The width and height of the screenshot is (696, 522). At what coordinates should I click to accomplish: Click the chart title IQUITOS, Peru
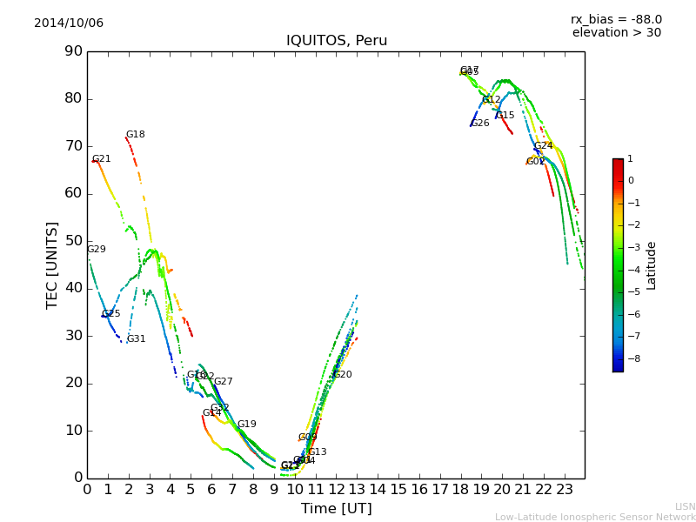pyautogui.click(x=337, y=41)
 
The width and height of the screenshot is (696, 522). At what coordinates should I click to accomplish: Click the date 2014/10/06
pyautogui.click(x=69, y=23)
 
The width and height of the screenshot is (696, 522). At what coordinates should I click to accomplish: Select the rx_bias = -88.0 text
pyautogui.click(x=616, y=19)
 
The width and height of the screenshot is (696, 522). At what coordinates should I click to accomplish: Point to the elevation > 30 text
pyautogui.click(x=616, y=33)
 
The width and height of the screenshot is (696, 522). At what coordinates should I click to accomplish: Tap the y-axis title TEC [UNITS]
pyautogui.click(x=52, y=264)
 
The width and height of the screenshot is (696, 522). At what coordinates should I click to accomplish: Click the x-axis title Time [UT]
pyautogui.click(x=336, y=509)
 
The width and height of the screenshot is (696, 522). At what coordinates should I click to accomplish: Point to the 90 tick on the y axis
pyautogui.click(x=72, y=51)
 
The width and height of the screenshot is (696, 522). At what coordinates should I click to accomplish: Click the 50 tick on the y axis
pyautogui.click(x=72, y=241)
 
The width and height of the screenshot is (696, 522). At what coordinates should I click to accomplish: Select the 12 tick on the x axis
pyautogui.click(x=337, y=489)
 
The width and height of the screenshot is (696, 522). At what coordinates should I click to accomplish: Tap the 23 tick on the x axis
pyautogui.click(x=565, y=489)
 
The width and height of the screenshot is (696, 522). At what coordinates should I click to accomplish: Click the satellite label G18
pyautogui.click(x=136, y=135)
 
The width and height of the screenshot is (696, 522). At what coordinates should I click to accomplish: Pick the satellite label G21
pyautogui.click(x=102, y=159)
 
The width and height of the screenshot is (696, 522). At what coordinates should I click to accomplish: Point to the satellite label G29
pyautogui.click(x=97, y=250)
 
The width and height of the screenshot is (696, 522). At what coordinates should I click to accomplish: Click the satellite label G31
pyautogui.click(x=137, y=339)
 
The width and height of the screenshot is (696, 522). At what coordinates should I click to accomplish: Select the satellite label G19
pyautogui.click(x=247, y=425)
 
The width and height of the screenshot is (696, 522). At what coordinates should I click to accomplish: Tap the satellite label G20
pyautogui.click(x=343, y=375)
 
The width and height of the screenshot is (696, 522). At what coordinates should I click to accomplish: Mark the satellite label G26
pyautogui.click(x=480, y=124)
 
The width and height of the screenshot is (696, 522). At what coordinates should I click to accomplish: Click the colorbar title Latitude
pyautogui.click(x=652, y=265)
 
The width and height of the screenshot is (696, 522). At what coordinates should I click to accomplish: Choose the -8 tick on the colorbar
pyautogui.click(x=631, y=357)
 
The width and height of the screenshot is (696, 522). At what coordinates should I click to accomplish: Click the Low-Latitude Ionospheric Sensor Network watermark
pyautogui.click(x=595, y=517)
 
